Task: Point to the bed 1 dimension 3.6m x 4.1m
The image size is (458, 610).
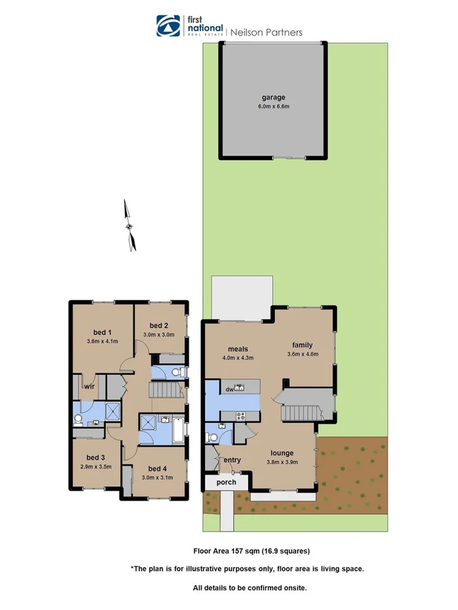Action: pyautogui.click(x=102, y=341)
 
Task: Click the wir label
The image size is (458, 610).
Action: pyautogui.click(x=88, y=386)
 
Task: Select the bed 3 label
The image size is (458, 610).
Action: pyautogui.click(x=94, y=457)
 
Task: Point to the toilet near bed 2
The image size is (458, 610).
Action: pyautogui.click(x=177, y=371)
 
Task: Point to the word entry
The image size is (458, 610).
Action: pyautogui.click(x=232, y=460)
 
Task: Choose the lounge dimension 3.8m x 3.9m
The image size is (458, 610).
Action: pyautogui.click(x=283, y=464)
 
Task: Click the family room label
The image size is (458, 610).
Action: pyautogui.click(x=302, y=345)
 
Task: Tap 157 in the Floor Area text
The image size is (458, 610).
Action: pyautogui.click(x=233, y=551)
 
